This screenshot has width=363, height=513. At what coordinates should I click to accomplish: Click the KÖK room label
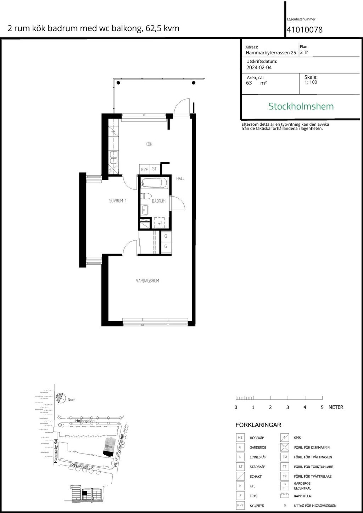tap(149, 144)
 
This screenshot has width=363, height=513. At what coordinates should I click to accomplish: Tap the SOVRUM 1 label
tap(118, 201)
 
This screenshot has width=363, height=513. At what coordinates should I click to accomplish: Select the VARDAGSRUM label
tap(147, 281)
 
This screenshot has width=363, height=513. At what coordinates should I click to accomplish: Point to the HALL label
tap(180, 178)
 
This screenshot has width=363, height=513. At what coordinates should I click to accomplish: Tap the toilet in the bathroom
tap(146, 196)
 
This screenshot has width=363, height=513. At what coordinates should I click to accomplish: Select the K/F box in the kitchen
tap(144, 169)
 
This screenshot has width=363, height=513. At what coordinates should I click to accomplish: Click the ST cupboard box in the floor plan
tap(154, 169)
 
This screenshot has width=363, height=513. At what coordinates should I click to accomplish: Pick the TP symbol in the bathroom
tap(159, 223)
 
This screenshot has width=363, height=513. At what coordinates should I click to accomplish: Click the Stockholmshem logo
tap(301, 106)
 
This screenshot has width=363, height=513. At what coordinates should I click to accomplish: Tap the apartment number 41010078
tap(305, 30)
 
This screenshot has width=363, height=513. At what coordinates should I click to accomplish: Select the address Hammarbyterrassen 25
tap(271, 53)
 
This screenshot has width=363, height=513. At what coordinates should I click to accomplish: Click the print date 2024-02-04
tap(259, 67)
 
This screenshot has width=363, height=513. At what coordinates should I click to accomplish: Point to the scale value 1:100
tap(311, 82)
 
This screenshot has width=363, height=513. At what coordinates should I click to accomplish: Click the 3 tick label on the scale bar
tap(287, 407)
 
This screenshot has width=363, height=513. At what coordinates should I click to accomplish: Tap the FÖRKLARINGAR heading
tap(258, 425)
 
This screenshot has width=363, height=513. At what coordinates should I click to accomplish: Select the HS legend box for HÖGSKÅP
tap(240, 438)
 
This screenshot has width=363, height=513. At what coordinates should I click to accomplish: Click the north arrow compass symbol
tap(61, 398)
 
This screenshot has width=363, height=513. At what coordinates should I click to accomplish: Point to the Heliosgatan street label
tap(85, 421)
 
